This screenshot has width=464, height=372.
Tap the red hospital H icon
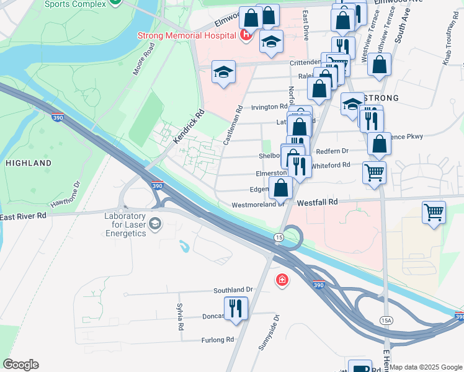coord(245,35)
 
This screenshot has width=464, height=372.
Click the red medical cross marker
coord(282,281)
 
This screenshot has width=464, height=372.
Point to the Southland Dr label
coord(233,290)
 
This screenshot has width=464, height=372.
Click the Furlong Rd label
coord(217,340)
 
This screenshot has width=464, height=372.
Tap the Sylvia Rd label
coord(180,317)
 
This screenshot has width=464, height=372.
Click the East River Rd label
coord(24,216)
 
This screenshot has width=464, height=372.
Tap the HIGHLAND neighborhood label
coord(29,163)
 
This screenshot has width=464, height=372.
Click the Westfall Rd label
coord(317,202)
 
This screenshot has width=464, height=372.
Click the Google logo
coord(20,365)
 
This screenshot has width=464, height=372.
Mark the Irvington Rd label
coord(269,107)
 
